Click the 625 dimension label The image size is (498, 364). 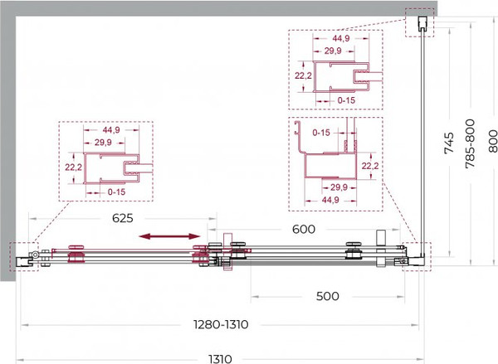coord(123,218)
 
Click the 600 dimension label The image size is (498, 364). coord(304,229)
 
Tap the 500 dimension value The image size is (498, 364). coord(328,296)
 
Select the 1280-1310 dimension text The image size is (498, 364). coord(221,325)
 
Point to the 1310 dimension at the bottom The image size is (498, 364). coord(221,359)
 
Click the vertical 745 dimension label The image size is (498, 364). coord(449,143)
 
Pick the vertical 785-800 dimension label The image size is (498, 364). coord(470,143)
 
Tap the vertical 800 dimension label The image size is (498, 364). coord(492,141)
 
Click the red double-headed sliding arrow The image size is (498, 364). coord(170,236)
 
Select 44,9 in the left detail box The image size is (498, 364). coord(111,130)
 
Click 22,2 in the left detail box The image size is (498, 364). coord(73,167)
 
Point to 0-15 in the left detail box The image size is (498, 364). coord(116,192)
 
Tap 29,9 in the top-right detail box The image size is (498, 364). coord(333,51)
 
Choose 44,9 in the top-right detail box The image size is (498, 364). coord(341,38)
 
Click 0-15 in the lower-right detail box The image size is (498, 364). coord(321,133)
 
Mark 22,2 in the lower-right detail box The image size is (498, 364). coord(370,166)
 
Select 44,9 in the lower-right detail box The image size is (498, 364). coord(330,200)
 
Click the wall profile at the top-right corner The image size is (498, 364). coord(422,24)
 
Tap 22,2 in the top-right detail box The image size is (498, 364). coord(303,75)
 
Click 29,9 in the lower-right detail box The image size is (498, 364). coord(339,187)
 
